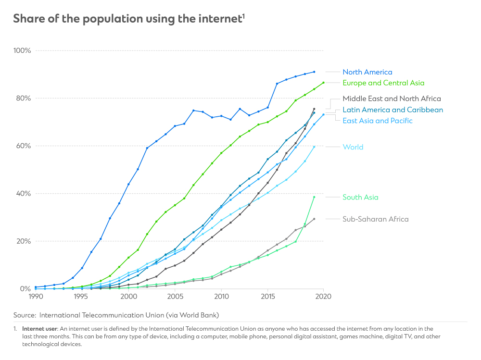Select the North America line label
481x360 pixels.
pyautogui.click(x=367, y=72)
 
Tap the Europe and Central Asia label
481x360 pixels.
pyautogui.click(x=383, y=83)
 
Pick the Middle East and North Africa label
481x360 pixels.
pyautogui.click(x=392, y=99)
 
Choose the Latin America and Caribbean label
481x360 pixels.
pyautogui.click(x=392, y=110)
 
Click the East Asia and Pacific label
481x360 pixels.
pyautogui.click(x=377, y=121)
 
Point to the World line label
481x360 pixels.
pyautogui.click(x=353, y=147)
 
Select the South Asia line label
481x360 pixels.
pyautogui.click(x=360, y=197)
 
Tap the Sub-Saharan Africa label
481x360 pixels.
pyautogui.click(x=375, y=219)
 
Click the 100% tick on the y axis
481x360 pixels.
pyautogui.click(x=22, y=50)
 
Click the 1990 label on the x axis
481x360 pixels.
pyautogui.click(x=35, y=297)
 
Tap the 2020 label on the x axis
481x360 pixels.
pyautogui.click(x=323, y=297)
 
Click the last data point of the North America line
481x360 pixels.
pyautogui.click(x=314, y=72)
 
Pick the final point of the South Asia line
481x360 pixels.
pyautogui.click(x=314, y=197)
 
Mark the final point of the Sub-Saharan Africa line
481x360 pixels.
pyautogui.click(x=314, y=219)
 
